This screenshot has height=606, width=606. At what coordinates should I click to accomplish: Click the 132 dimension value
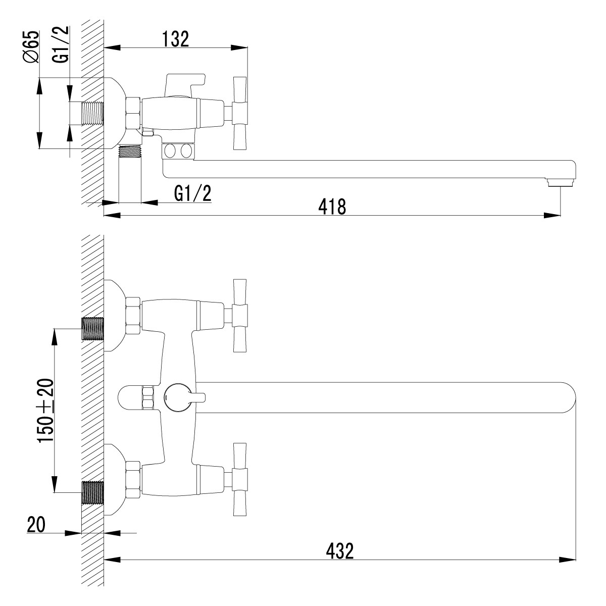pyautogui.click(x=175, y=39)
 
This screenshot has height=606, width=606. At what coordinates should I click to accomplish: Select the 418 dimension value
pyautogui.click(x=332, y=207)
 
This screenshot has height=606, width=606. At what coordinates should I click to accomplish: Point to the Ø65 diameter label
pyautogui.click(x=31, y=46)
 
